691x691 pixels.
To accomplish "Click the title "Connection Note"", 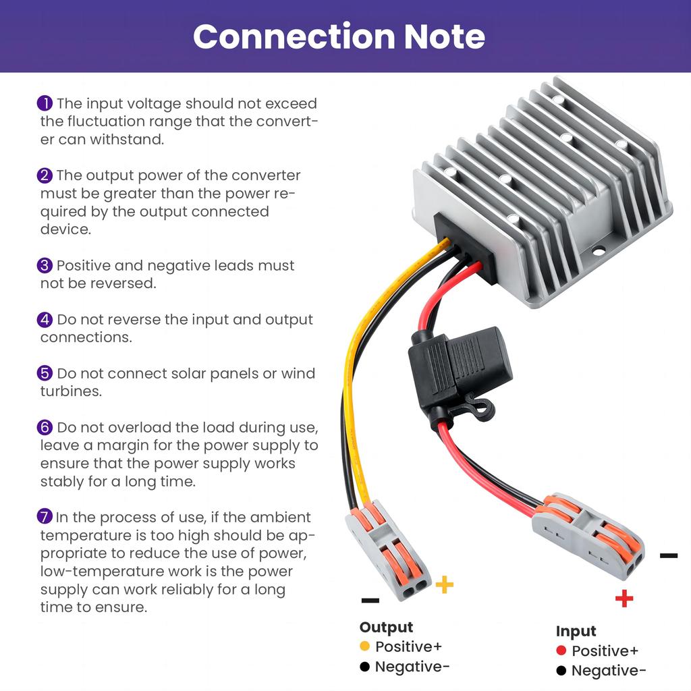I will coord(339,36).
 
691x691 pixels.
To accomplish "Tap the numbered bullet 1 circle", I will coord(45,103).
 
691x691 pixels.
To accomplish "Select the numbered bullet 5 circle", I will coord(45,373).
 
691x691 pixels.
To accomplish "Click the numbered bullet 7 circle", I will coord(45,518).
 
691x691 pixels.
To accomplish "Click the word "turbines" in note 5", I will coord(71,391).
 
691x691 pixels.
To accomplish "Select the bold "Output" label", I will coord(386,628).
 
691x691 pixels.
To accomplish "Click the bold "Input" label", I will coord(576,631).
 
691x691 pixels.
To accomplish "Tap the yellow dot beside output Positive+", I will coord(365,646).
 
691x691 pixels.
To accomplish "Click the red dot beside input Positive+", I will coord(561,651).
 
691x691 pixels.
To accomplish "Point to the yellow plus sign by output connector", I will coord(444,584).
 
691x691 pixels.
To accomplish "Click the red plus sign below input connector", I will coord(624,598).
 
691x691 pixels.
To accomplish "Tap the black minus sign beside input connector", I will coord(668,556).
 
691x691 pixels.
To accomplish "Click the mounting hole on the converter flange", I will coord(599,252).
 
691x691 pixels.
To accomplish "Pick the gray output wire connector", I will coord(388,550).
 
